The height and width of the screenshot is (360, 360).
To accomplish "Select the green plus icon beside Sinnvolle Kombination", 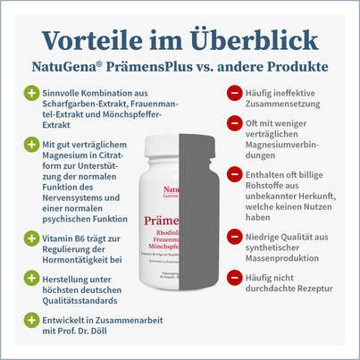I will (31, 92).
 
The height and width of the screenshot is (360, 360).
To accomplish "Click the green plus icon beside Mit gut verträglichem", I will (31, 145).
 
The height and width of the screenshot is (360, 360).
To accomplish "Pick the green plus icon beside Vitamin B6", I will (31, 239).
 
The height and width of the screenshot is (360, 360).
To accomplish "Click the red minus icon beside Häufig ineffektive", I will (232, 92).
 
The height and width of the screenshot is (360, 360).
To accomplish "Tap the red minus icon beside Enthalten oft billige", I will (232, 172).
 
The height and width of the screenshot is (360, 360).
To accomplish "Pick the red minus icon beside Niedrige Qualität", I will (232, 237).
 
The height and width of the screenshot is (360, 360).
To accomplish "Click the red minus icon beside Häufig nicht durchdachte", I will (232, 278).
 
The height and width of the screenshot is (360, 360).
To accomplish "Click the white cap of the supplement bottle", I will (180, 143).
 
